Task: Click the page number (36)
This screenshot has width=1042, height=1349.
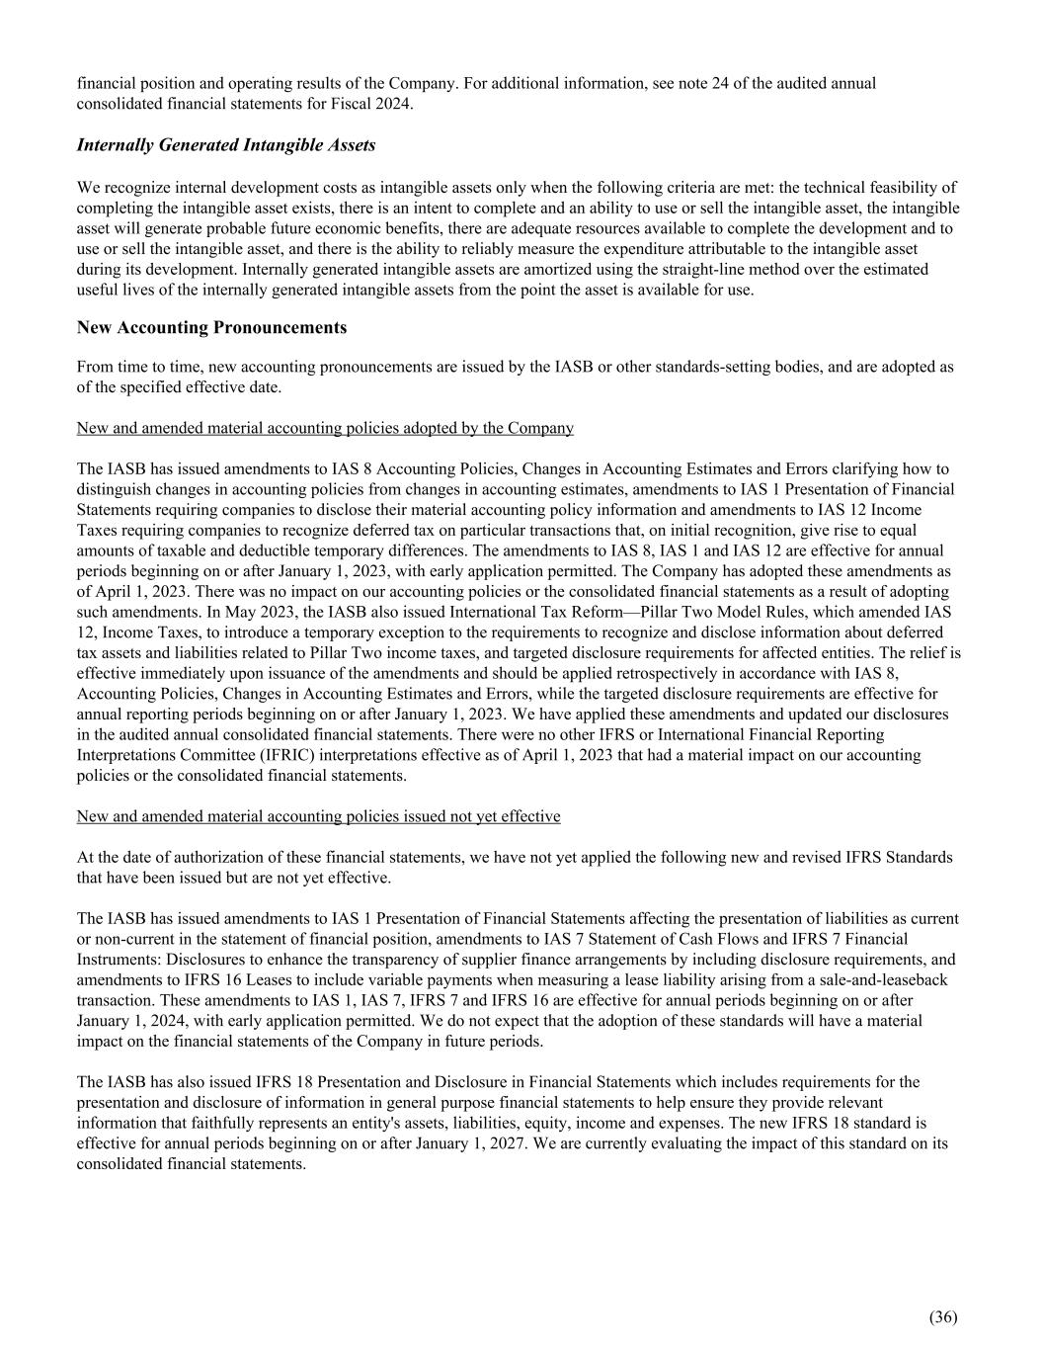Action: [x=942, y=1316]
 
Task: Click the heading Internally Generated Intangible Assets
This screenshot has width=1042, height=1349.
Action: [x=226, y=145]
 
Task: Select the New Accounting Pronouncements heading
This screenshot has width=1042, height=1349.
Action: [x=211, y=327]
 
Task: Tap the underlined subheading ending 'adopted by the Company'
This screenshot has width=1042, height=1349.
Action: [x=325, y=428]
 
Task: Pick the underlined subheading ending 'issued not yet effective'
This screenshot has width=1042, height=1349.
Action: [x=318, y=816]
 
